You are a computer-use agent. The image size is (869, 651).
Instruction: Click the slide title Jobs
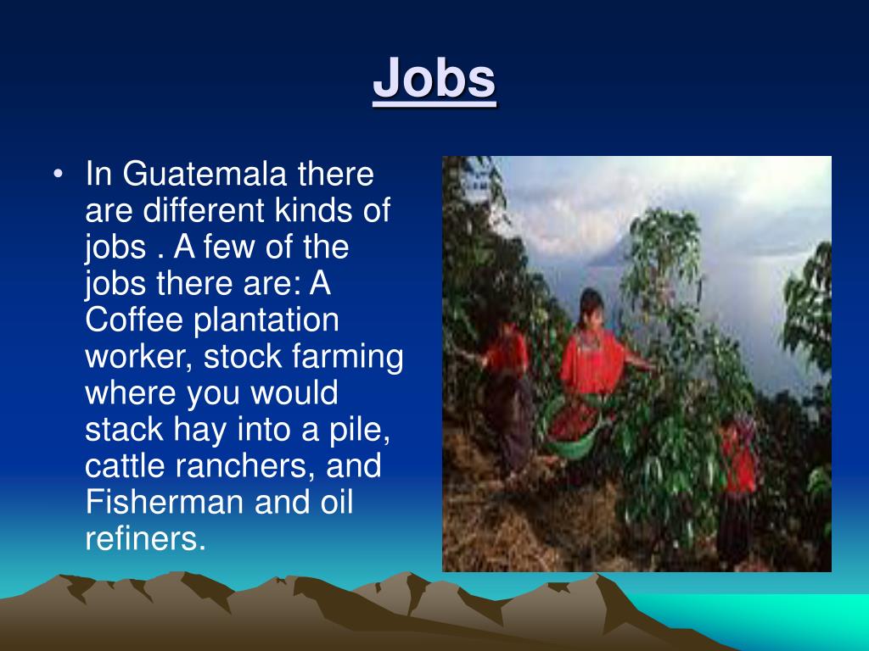pos(434,79)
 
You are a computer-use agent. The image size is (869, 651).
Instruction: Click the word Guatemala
pos(205,175)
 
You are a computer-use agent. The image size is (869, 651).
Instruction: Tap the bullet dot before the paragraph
pos(57,175)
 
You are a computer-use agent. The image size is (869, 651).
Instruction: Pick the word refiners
pos(145,540)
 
